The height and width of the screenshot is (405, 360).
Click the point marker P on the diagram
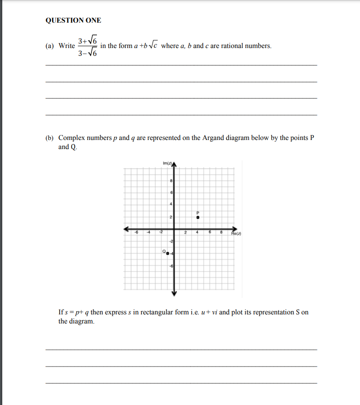(x=197, y=217)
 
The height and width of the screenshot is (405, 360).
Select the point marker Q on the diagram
(x=167, y=253)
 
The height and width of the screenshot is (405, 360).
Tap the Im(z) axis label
(x=166, y=163)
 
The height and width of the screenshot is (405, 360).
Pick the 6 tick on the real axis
(x=210, y=233)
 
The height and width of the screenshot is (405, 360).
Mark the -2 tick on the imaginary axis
(x=171, y=241)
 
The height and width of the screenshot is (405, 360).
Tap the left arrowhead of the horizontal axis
(x=128, y=229)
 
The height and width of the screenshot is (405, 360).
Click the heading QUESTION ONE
(x=73, y=20)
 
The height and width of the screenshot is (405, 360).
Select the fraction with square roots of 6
(x=87, y=47)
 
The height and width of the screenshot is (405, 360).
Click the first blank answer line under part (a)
(x=181, y=66)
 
